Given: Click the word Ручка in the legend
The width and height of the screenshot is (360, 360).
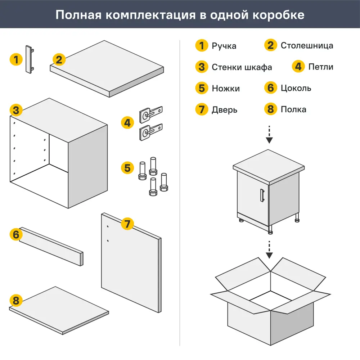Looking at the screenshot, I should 224,46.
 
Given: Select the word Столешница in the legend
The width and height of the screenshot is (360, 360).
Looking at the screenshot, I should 307,46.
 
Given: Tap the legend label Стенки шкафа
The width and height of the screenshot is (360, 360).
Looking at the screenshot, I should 242,67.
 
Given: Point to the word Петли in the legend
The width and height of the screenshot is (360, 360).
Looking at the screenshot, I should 321,67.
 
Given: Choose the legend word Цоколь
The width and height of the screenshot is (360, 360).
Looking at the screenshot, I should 296,88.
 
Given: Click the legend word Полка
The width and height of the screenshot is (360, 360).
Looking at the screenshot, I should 293,109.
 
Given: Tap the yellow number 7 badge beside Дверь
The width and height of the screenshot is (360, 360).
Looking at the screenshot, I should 202,109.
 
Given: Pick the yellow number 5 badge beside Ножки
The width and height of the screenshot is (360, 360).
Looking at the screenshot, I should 202,88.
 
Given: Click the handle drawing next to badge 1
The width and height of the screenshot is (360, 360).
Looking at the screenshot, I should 29,59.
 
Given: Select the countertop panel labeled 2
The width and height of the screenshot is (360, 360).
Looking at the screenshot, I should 107,68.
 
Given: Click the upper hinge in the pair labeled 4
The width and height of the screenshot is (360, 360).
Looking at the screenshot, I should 150,112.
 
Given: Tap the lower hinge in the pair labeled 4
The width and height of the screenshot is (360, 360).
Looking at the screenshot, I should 150,131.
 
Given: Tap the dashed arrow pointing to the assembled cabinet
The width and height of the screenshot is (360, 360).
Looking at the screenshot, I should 269,135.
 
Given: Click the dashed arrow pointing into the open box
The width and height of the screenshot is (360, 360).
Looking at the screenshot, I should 269,249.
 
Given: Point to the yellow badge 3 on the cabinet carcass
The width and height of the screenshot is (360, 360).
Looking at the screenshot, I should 16,110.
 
